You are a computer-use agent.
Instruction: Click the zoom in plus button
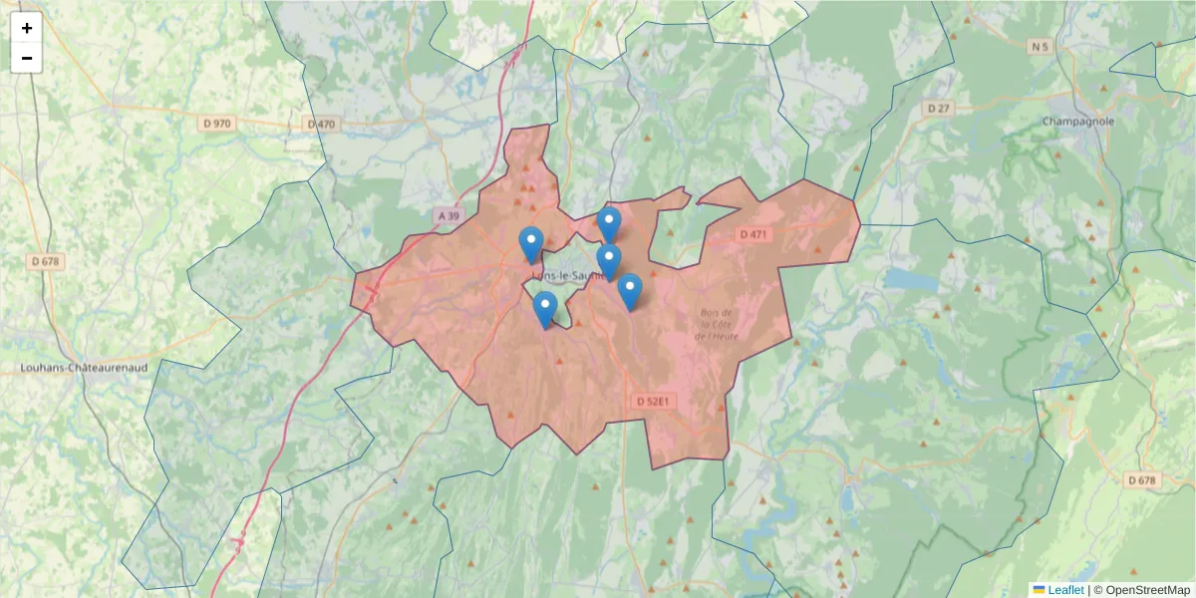point(27,28)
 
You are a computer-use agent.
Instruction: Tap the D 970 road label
point(216,124)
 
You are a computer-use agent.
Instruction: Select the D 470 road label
point(321,124)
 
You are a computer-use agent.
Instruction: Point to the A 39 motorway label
point(449,215)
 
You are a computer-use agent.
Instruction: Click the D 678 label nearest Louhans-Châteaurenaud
point(46,261)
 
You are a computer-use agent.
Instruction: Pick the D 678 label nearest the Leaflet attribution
point(1142,480)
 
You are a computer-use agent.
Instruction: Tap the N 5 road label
point(1041,46)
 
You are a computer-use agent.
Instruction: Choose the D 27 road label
point(938,108)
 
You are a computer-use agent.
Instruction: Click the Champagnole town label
point(1077,122)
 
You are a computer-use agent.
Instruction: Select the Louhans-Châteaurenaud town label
point(84,368)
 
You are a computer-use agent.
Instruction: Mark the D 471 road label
point(753,234)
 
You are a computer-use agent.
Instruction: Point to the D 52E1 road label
point(655,402)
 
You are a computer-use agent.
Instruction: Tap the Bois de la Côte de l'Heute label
point(717,325)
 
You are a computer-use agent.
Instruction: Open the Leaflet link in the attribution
point(1065,590)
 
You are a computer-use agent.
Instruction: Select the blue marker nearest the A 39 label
point(531,244)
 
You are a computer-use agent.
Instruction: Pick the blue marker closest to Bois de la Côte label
point(629,291)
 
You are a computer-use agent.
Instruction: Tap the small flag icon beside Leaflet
point(1039,590)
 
